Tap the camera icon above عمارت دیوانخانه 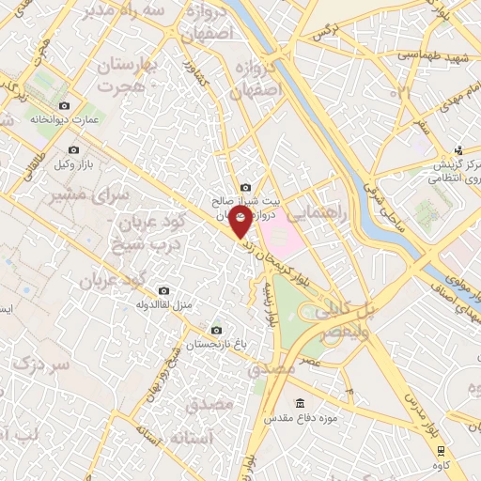(x=64, y=106)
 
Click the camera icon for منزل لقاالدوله (x=164, y=291)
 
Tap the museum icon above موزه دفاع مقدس (x=300, y=403)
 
